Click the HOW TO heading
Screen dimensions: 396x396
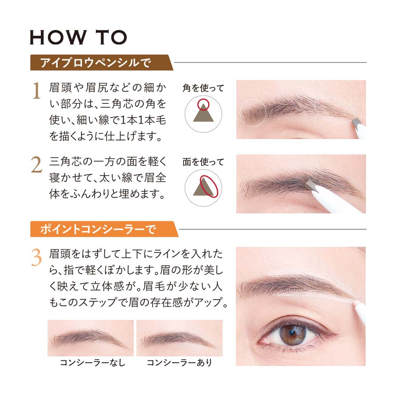coord(78,37)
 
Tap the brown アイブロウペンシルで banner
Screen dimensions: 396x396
coord(101,62)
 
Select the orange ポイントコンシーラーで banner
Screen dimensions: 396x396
coord(103,229)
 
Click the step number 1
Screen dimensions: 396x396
coord(37,90)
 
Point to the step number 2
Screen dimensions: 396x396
coord(37,165)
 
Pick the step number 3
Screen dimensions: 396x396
coord(37,257)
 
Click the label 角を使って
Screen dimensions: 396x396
coord(203,88)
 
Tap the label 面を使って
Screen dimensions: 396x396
coord(203,162)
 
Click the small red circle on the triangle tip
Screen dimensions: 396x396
coord(203,104)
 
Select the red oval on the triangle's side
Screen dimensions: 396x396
coord(209,187)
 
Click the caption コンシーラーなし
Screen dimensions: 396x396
coord(93,363)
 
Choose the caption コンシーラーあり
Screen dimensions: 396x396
coord(180,363)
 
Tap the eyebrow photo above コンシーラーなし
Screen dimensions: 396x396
coord(91,338)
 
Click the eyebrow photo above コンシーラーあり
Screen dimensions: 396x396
coord(180,338)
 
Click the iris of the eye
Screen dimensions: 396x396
coord(293,334)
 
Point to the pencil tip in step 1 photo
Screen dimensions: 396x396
coord(356,122)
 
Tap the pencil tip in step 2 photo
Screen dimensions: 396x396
coord(310,185)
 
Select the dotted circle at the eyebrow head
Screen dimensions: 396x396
coord(253,113)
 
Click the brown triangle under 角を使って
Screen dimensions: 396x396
coord(203,113)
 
